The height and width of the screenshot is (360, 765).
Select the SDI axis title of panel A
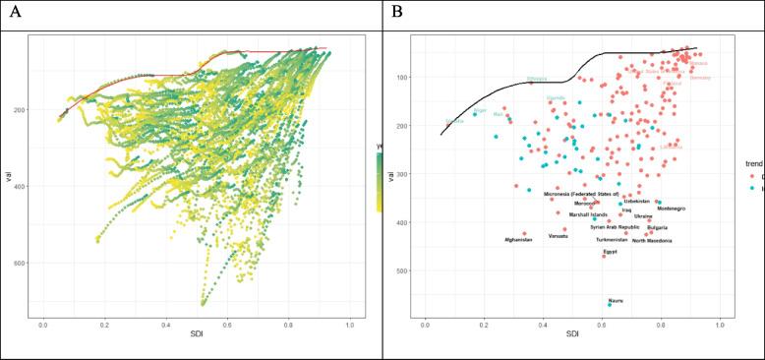(x=196, y=336)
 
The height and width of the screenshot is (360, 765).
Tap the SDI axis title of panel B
(x=572, y=336)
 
